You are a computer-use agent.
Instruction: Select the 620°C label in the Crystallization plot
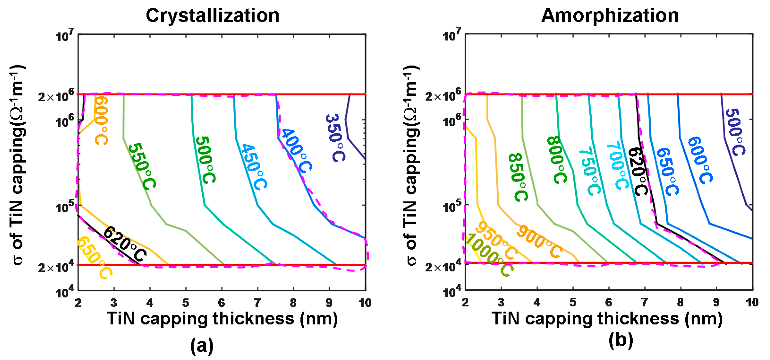tap(125, 244)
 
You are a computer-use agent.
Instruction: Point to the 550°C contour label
tap(142, 166)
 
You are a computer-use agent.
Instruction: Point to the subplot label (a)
tap(202, 346)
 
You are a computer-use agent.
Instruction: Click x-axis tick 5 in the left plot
tap(186, 303)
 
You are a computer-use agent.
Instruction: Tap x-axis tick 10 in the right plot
tap(752, 303)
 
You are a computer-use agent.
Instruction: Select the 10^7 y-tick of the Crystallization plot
tap(64, 36)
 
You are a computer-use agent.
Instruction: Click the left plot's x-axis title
tap(222, 319)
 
